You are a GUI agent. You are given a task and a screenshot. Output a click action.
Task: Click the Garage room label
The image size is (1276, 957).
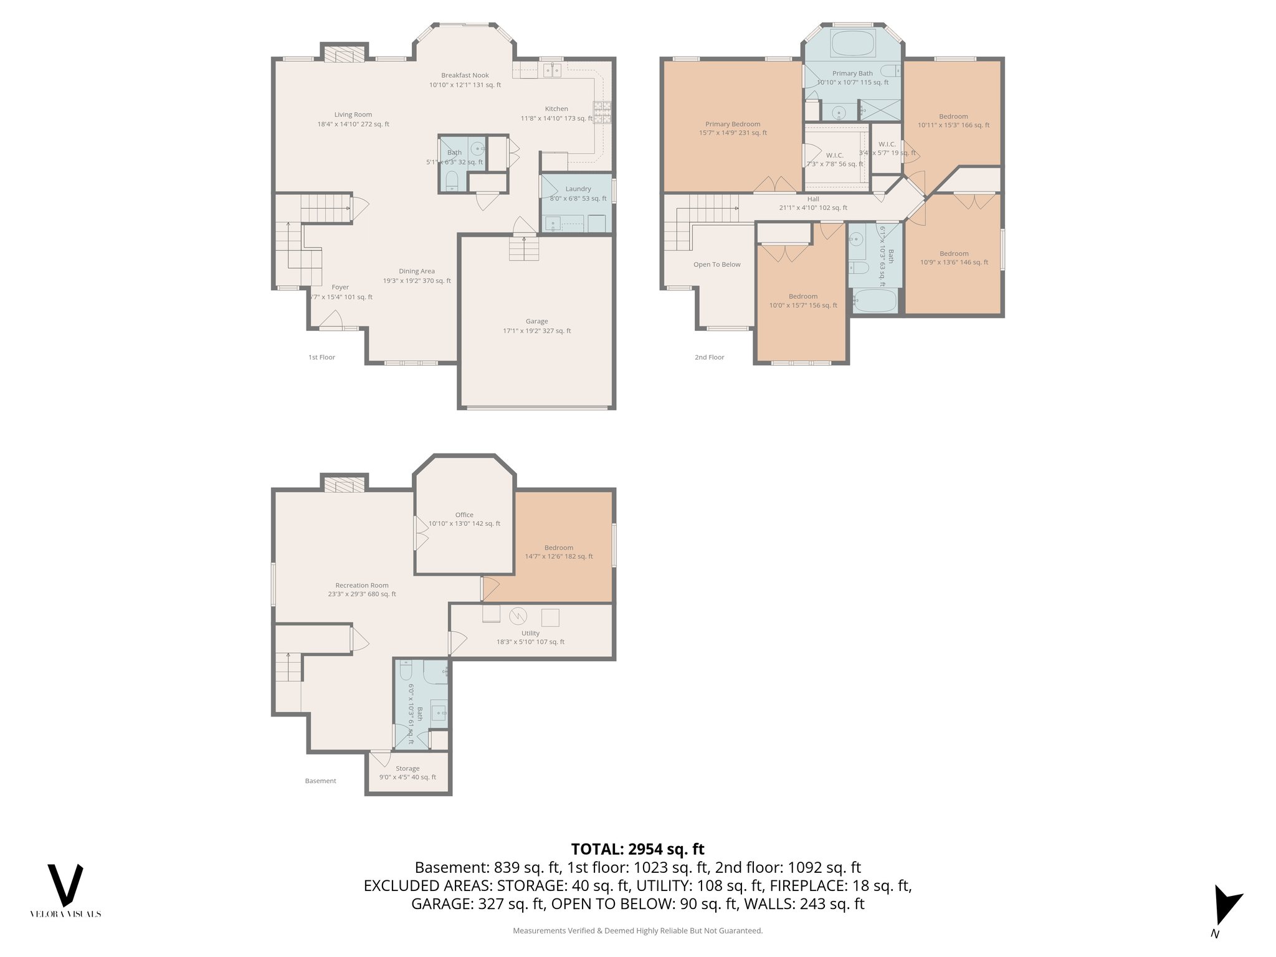536,321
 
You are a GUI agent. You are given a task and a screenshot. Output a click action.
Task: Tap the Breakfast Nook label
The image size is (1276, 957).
465,75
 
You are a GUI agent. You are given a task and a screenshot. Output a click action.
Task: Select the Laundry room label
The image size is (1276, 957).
578,189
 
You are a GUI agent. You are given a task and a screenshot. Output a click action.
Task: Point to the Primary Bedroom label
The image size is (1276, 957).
733,124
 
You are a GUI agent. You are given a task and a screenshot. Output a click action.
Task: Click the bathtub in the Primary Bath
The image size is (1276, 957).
853,44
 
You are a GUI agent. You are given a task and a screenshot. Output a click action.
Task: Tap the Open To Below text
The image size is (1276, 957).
717,265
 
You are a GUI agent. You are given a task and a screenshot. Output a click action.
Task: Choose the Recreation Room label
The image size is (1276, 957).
361,586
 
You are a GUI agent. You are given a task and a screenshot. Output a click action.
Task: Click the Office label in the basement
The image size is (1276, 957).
464,515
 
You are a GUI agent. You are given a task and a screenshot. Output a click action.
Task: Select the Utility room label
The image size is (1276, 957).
530,633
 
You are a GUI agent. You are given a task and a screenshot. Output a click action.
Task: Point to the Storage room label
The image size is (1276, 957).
407,768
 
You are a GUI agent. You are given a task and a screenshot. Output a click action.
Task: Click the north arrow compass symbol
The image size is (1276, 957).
1225,907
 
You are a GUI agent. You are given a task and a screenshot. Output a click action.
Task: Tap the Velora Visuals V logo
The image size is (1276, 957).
65,885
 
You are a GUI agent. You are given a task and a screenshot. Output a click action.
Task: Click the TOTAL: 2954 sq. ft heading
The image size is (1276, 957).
637,849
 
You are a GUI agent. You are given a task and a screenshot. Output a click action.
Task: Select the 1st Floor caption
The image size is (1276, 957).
321,357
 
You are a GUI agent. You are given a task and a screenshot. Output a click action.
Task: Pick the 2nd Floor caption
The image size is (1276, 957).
709,357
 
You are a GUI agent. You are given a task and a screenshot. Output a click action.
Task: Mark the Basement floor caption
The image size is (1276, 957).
320,781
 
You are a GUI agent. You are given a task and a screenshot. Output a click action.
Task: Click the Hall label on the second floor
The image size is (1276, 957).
813,199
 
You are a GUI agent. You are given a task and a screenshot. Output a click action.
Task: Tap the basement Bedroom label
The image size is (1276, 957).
558,548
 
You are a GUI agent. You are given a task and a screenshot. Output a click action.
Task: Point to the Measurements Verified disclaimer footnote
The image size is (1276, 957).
637,931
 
